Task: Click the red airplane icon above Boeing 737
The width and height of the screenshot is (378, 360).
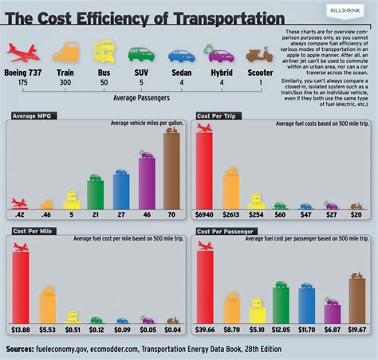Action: point(23,53)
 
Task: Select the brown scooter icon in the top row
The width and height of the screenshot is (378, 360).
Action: point(259,54)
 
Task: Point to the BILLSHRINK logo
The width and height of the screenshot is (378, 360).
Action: point(345,9)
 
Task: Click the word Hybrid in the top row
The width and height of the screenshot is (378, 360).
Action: point(220,72)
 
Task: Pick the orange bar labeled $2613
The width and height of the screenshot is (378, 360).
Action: point(230,187)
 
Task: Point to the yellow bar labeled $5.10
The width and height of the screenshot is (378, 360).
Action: point(256,310)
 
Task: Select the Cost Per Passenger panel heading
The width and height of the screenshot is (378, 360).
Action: point(226,232)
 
